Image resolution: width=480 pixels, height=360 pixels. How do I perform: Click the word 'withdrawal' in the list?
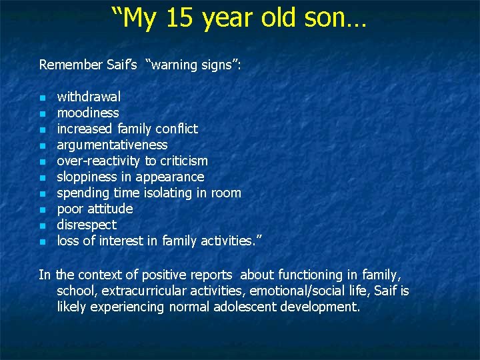(x=89, y=97)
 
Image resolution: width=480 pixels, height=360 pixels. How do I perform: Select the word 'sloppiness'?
(x=87, y=177)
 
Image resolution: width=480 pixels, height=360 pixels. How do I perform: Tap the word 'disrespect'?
(x=87, y=225)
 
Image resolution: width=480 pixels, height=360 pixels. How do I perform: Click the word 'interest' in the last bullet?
(x=119, y=241)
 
